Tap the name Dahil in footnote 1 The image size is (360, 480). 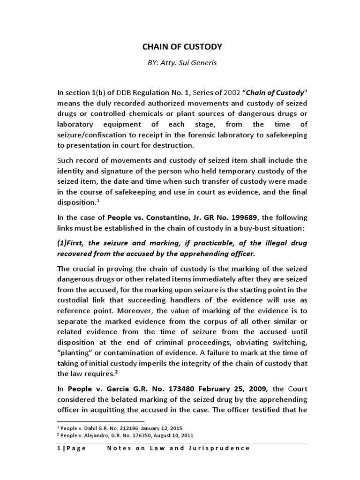[x=91, y=428]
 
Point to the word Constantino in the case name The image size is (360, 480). [x=157, y=218]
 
